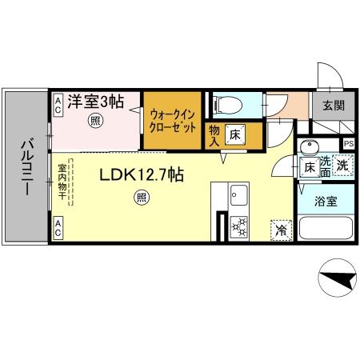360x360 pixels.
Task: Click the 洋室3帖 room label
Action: coord(94,102)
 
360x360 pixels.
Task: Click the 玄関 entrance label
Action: coord(333,105)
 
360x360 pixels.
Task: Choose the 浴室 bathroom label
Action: coord(325,201)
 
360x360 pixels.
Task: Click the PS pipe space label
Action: coord(348,144)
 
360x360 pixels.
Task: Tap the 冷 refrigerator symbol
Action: coord(281,229)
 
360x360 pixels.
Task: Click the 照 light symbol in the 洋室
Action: coord(94,122)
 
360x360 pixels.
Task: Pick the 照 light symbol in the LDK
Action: coord(141,197)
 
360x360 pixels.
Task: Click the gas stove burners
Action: coord(238,227)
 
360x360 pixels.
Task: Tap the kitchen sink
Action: coord(238,194)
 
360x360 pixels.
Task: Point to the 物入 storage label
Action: coord(214,134)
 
